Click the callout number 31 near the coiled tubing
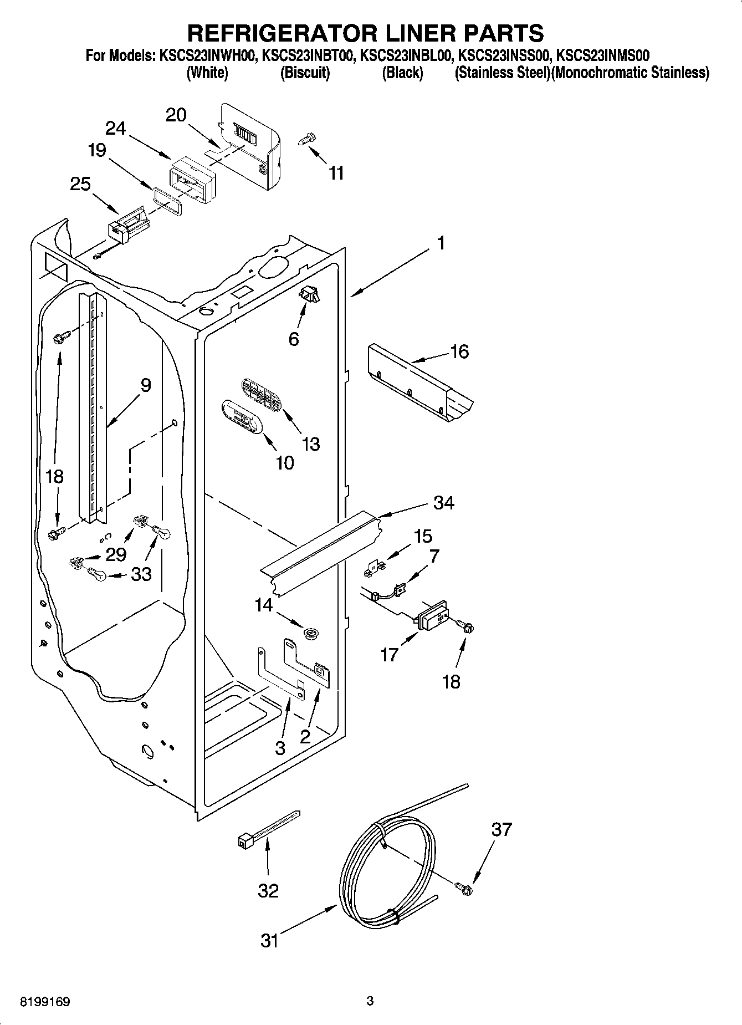point(269,940)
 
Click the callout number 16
point(460,351)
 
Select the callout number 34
point(444,503)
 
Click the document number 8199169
point(37,1002)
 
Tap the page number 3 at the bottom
point(370,1001)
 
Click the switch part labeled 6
point(309,295)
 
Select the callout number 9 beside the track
point(145,385)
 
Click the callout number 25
point(80,183)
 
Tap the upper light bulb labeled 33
point(162,533)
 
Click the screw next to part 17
point(466,627)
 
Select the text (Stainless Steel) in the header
point(502,73)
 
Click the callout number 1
point(441,243)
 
